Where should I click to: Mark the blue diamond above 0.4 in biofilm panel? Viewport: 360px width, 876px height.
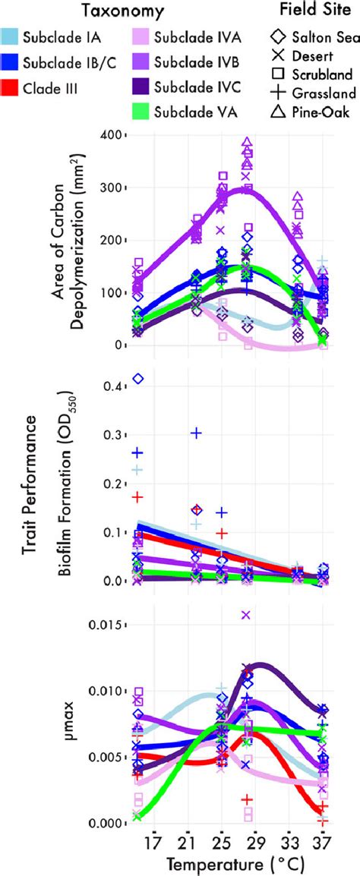(138, 378)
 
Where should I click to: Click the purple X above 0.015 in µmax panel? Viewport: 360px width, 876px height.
(246, 615)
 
